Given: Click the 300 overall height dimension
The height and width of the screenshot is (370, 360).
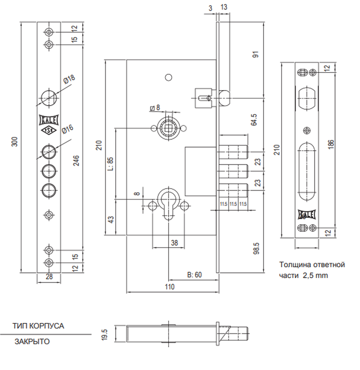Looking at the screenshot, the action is [15, 142].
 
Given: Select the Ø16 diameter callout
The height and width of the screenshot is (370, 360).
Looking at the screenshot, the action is [68, 129].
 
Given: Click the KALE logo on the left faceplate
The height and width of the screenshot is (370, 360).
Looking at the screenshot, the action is [49, 120].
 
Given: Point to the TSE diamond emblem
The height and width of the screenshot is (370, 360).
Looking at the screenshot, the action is [49, 130].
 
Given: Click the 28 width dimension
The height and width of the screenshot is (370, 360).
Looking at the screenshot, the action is [49, 276].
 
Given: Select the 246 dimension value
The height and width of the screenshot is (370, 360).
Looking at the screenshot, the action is [76, 161].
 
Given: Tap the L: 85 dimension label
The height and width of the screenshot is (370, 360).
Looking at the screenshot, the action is [111, 164].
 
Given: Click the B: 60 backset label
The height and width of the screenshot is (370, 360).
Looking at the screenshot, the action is [194, 275].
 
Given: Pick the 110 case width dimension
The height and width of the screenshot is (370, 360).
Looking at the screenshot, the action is [170, 287].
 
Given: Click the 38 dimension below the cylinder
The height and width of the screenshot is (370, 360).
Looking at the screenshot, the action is [174, 243].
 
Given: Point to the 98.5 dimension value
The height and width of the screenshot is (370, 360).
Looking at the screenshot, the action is [256, 249].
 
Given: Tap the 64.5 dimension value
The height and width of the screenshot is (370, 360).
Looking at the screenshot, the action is [254, 120].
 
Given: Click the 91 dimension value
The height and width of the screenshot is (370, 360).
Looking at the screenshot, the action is [255, 54].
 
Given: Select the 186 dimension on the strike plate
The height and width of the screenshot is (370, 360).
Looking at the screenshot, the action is [331, 144].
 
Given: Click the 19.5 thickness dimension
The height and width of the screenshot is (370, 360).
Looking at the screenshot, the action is [104, 334].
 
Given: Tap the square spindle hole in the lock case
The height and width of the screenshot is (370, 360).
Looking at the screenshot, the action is [168, 128].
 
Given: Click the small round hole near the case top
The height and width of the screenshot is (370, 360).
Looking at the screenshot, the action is [168, 77].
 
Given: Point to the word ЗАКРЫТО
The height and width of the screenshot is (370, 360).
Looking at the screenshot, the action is [32, 342].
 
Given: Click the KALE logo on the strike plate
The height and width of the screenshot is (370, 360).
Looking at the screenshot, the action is [307, 214].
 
